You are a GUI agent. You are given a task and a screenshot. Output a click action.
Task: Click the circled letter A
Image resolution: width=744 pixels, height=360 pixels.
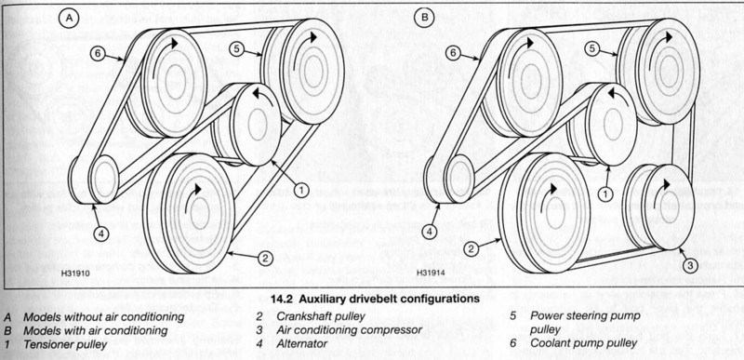coord(69,18)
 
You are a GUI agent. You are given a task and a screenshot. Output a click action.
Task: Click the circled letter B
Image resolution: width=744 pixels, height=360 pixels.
coord(424,18)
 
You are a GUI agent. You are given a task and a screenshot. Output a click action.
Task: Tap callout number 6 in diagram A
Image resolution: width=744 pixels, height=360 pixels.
coord(98,53)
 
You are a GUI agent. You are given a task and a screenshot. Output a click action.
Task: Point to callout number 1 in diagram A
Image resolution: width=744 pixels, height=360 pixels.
coord(300,191)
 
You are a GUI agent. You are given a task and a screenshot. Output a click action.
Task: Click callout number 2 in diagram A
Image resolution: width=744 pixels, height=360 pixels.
coord(266,258)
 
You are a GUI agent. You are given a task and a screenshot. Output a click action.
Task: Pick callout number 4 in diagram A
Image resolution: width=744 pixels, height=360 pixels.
coord(101,233)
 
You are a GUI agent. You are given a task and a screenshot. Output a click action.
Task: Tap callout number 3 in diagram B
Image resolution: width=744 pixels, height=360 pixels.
coord(690,264)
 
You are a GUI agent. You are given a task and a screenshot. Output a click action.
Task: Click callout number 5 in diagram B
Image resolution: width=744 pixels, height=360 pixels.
coord(592,47)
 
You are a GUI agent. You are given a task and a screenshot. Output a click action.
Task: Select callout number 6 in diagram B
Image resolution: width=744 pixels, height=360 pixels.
coord(453,53)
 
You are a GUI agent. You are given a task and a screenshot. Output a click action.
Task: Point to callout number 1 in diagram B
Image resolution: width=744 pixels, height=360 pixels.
coord(605,193)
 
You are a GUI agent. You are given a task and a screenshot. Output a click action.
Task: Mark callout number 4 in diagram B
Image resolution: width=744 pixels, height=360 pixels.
coord(430,232)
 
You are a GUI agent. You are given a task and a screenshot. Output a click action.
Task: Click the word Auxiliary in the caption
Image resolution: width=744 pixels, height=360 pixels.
coord(319,300)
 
